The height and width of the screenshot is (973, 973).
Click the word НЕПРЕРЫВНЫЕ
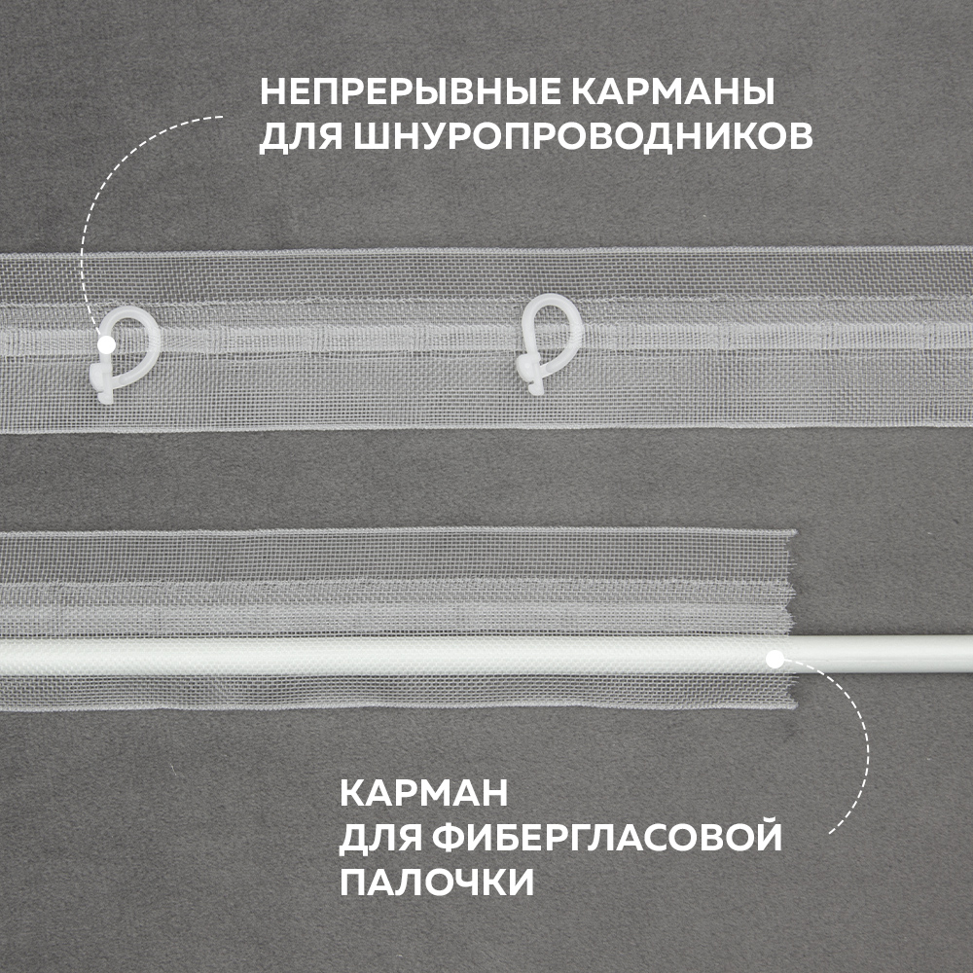[x=409, y=92]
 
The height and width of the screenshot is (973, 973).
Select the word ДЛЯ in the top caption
[x=302, y=137]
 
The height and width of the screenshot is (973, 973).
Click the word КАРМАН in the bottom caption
[x=424, y=793]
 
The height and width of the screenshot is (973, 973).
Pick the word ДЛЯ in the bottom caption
[x=379, y=839]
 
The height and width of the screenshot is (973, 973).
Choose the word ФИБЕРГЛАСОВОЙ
[x=607, y=837]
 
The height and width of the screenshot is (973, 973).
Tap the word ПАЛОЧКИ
[x=437, y=881]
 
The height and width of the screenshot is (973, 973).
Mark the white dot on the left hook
[x=107, y=344]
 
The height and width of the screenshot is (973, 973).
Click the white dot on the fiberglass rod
[x=775, y=659]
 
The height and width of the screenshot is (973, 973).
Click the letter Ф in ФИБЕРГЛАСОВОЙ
[x=449, y=837]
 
